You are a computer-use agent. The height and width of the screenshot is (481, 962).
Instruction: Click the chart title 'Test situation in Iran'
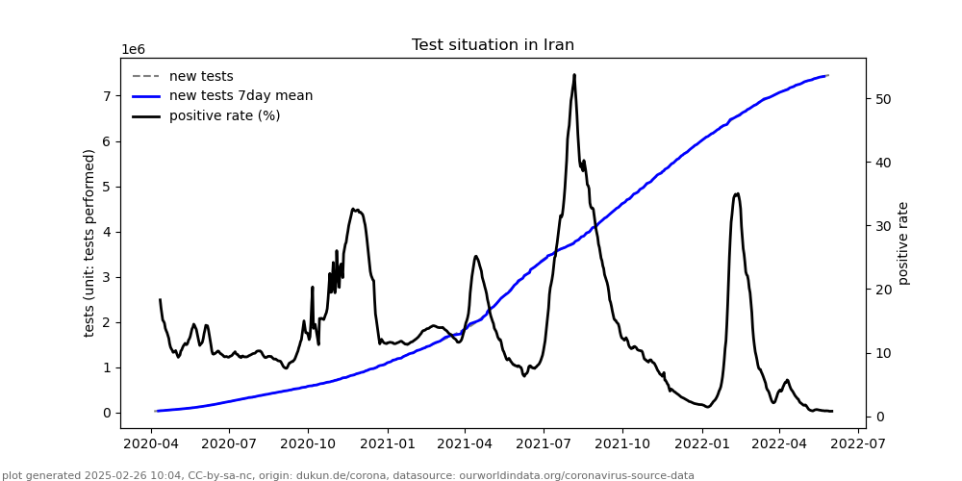click(493, 45)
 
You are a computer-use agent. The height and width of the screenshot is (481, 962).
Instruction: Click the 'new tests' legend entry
click(201, 77)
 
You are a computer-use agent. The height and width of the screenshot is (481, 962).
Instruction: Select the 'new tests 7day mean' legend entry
click(240, 96)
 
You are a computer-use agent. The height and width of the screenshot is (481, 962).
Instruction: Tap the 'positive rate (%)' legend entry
click(224, 116)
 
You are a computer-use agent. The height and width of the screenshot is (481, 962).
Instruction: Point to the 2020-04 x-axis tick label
click(149, 444)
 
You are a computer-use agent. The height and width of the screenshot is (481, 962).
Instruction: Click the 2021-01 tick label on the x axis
click(386, 444)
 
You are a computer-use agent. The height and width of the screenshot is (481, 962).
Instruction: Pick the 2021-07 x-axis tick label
click(543, 444)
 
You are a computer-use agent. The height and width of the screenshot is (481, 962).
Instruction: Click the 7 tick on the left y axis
click(108, 96)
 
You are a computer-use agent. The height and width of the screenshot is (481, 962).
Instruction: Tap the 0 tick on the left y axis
click(108, 413)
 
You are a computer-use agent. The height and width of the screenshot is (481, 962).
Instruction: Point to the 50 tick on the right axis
click(880, 99)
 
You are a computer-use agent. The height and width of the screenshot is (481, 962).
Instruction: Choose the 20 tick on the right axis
click(880, 290)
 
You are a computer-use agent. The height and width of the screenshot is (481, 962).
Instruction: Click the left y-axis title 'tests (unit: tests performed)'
click(89, 242)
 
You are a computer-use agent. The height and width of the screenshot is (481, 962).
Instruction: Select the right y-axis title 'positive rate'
click(903, 242)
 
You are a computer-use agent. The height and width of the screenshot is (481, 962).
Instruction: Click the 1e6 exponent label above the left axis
click(133, 50)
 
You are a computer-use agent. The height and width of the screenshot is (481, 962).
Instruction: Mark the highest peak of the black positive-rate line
click(574, 75)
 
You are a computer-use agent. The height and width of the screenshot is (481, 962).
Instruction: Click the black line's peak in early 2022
click(737, 193)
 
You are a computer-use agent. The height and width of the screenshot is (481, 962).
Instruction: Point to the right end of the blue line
click(827, 75)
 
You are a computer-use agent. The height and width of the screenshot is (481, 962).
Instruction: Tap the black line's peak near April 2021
click(475, 256)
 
